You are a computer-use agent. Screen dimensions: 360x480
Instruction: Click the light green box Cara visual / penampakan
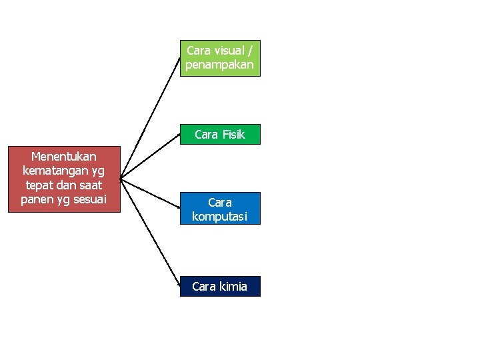coord(220,58)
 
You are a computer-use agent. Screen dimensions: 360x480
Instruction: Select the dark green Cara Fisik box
coord(220,134)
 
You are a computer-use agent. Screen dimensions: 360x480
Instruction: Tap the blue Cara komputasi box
coord(220,209)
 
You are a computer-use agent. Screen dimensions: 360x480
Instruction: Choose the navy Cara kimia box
coord(220,286)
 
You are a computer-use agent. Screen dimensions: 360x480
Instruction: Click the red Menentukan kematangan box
coord(64,179)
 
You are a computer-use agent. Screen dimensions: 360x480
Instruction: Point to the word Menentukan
coord(64,157)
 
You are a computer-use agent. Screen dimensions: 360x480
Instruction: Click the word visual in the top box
coord(228,51)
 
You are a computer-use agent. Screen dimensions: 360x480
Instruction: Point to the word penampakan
coord(220,65)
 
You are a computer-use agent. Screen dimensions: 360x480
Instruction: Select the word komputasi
coord(220,216)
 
